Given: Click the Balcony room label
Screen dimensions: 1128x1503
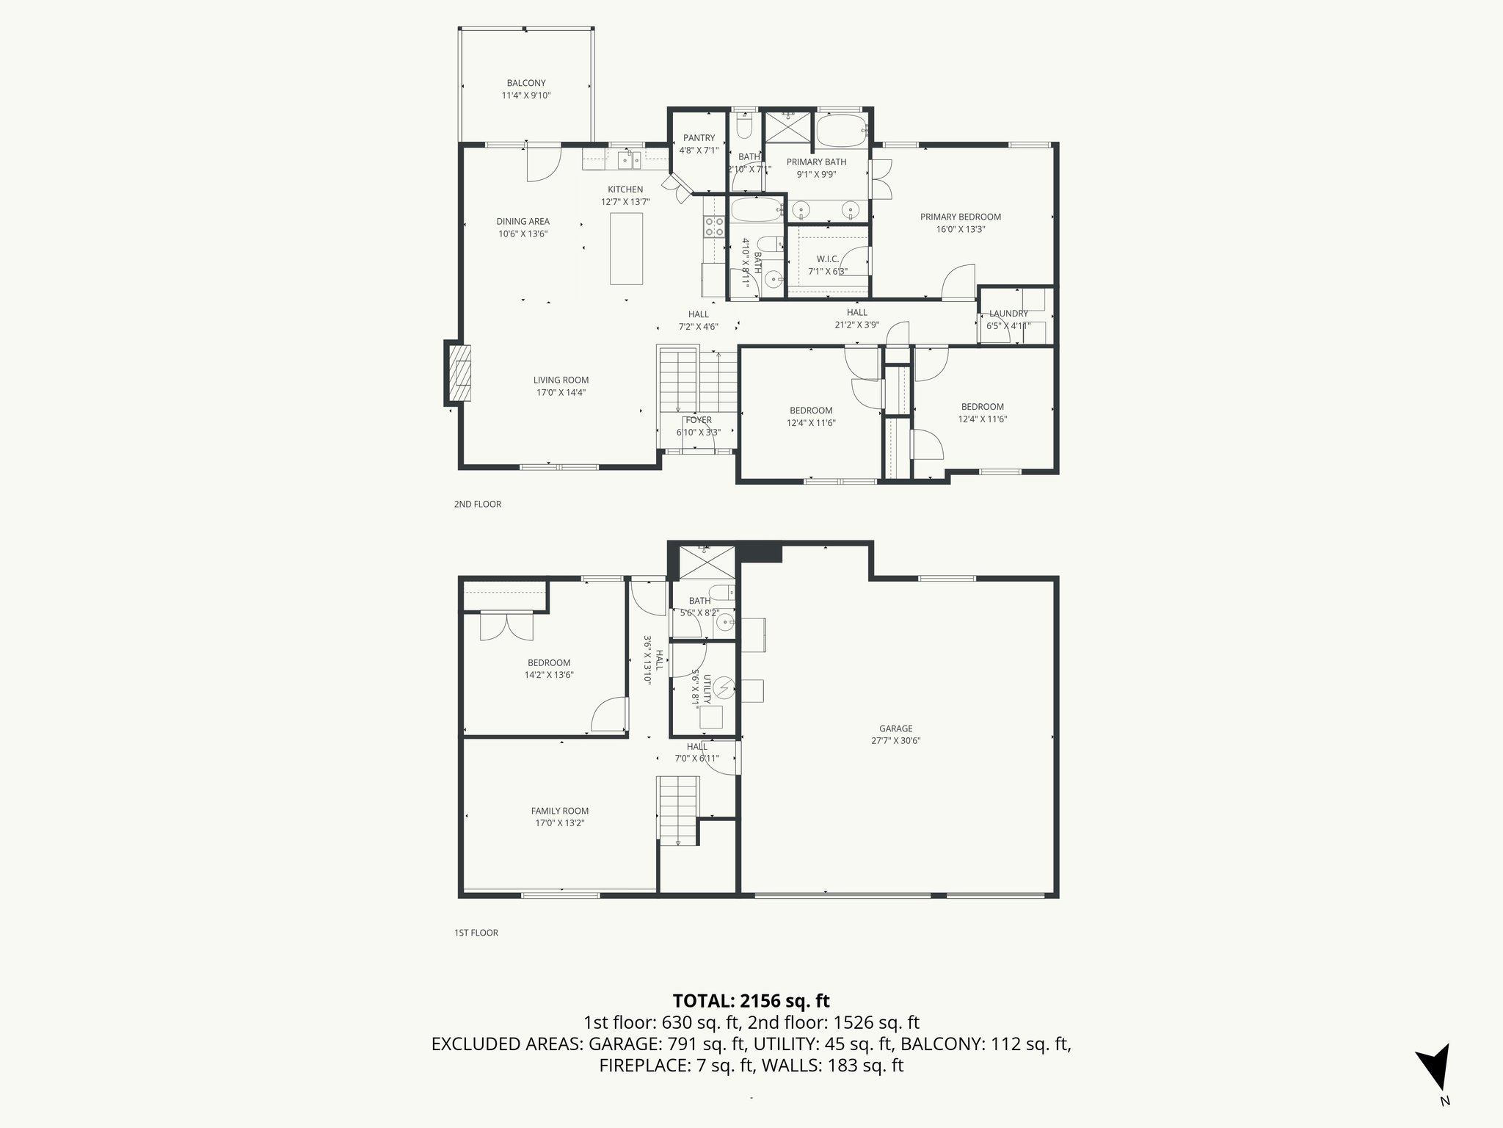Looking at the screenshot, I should (x=525, y=83).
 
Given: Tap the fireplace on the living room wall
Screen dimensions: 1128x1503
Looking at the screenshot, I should (x=459, y=373).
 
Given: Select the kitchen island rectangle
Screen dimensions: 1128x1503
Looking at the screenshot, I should (x=627, y=248).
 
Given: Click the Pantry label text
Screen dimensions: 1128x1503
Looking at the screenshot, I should (x=699, y=138).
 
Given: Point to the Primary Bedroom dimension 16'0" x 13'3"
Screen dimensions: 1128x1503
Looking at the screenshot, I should (x=961, y=229).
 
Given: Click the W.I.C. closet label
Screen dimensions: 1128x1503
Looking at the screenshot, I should (x=827, y=259).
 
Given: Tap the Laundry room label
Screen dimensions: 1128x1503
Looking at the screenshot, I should (x=1008, y=314).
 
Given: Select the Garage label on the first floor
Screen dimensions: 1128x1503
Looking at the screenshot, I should (x=895, y=728).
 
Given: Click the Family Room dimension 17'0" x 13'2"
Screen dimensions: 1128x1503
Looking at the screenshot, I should (x=560, y=823).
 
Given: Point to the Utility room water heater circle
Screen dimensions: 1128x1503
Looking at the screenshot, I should (x=725, y=687).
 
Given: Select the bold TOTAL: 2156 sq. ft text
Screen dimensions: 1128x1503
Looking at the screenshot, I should (x=751, y=1000).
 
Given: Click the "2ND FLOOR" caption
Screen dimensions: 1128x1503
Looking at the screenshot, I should (x=477, y=505).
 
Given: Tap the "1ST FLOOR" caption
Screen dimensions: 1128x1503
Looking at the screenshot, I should (x=476, y=933).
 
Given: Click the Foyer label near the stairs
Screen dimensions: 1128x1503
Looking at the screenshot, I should (x=699, y=420).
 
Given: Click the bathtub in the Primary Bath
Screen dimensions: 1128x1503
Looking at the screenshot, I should (x=841, y=132).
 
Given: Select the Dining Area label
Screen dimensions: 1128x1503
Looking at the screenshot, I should (x=523, y=221).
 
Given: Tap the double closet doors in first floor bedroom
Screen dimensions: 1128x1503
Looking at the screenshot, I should (x=504, y=626).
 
